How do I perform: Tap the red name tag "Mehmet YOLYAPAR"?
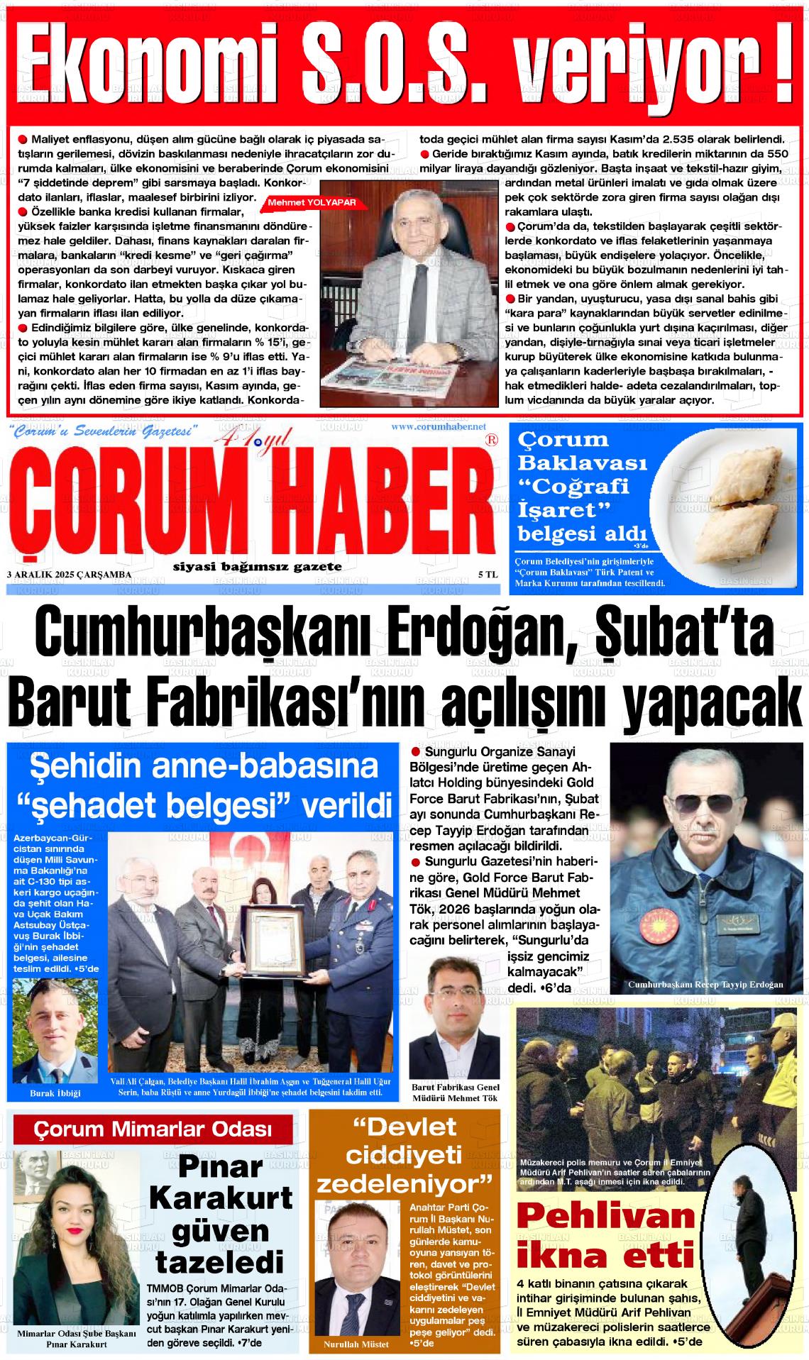point(311,202)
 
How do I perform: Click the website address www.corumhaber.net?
point(438,426)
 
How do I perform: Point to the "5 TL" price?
point(488,574)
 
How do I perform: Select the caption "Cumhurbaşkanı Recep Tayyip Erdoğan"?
point(705,985)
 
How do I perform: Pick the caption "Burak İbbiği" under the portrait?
point(55,1093)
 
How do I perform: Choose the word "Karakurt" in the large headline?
point(221,1198)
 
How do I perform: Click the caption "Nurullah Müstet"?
point(356,1344)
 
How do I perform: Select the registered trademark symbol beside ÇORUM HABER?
point(490,440)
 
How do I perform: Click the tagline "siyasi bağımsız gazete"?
point(257,566)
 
